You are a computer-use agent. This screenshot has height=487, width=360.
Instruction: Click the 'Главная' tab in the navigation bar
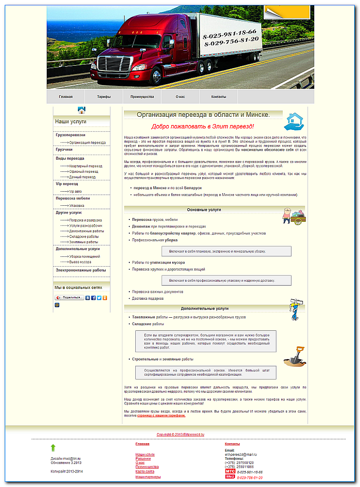pos(66,97)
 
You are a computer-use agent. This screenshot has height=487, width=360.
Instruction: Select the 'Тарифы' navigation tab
pos(104,97)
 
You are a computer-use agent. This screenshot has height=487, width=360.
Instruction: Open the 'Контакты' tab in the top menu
pos(218,97)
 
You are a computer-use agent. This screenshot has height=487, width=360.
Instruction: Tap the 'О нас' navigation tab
pos(180,97)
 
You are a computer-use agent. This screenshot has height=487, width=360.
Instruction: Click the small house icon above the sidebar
pos(82,110)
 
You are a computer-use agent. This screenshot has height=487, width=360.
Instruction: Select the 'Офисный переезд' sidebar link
pos(84,172)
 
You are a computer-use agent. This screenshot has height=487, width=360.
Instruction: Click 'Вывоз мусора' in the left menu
pos(80,262)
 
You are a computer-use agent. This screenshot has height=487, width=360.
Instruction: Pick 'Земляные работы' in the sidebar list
pos(84,242)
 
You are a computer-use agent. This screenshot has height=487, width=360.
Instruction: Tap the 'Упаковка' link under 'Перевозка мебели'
pos(77,206)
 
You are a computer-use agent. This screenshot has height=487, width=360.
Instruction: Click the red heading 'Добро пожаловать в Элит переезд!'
pos(202,126)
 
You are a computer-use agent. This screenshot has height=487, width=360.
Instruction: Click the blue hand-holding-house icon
pos(294,122)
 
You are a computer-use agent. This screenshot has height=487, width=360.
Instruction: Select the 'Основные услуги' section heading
pos(204,210)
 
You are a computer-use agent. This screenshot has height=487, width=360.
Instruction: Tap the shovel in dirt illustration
pos(295,357)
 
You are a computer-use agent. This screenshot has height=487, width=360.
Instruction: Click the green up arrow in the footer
pos(53,448)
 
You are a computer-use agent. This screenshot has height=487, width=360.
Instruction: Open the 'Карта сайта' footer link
pos(145,471)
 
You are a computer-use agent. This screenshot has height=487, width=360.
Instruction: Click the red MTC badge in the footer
pos(230,471)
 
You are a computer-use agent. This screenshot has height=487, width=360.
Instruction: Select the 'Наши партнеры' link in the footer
pos(148,477)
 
